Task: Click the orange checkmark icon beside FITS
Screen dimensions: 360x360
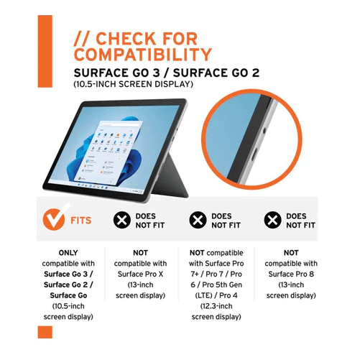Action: click(54, 219)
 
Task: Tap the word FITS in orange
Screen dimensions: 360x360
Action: click(81, 221)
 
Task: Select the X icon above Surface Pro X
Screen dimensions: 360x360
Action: click(122, 220)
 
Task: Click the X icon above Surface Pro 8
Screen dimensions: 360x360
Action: click(272, 220)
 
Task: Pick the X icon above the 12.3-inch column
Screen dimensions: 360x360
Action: click(198, 220)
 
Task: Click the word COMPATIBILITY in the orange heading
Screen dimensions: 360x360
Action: click(143, 55)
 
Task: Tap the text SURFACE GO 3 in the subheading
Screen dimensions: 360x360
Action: click(116, 73)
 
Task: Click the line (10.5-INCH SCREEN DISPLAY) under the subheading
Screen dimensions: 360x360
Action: click(133, 84)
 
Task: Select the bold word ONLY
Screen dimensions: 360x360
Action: click(68, 253)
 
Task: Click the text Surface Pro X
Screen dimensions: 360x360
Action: click(140, 274)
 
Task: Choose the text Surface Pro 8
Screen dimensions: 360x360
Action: click(291, 274)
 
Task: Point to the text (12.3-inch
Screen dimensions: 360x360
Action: click(216, 306)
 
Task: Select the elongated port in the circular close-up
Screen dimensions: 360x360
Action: click(254, 154)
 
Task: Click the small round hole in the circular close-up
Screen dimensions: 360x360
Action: click(264, 131)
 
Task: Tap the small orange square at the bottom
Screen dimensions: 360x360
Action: click(45, 332)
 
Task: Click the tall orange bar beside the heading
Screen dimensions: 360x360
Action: click(45, 51)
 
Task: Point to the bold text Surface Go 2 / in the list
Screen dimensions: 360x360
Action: click(68, 285)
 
